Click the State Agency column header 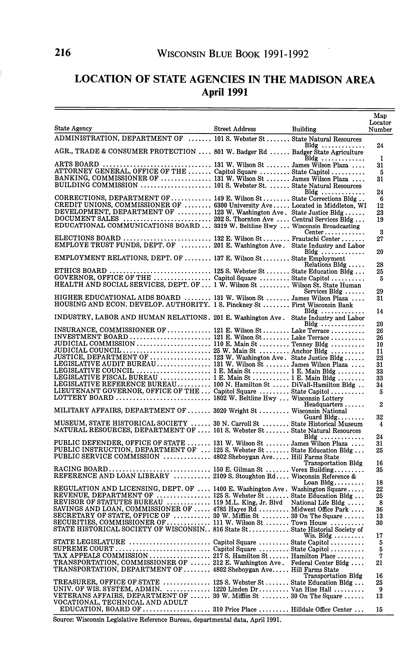coord(73,128)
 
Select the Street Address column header coord(235,129)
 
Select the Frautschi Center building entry coord(316,239)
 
